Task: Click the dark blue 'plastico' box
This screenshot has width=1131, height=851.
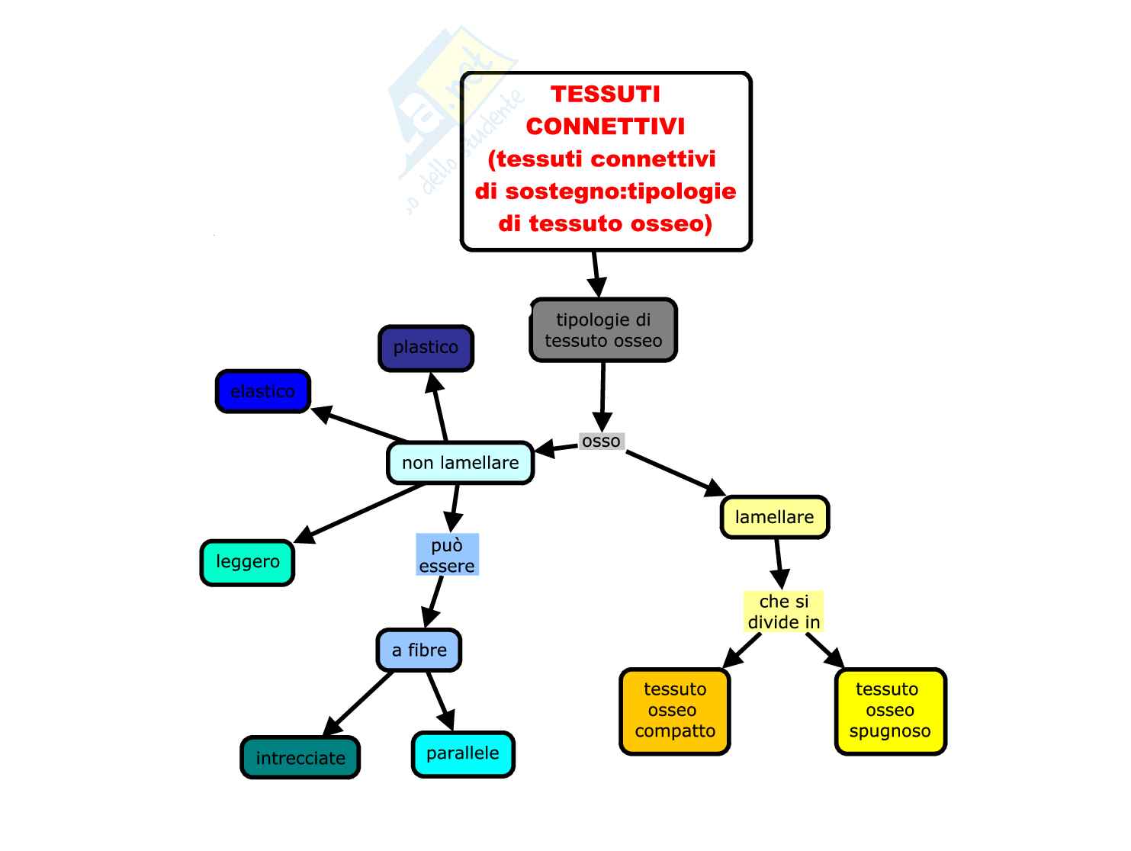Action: [426, 348]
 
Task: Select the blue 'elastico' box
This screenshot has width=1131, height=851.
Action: [262, 391]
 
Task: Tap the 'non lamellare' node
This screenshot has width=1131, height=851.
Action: [460, 463]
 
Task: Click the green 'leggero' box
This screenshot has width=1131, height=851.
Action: [247, 562]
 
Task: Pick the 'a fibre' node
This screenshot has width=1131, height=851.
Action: [419, 650]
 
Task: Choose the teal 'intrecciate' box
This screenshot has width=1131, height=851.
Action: [300, 758]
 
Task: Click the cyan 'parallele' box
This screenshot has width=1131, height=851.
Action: [463, 753]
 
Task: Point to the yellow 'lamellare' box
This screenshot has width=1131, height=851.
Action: [774, 517]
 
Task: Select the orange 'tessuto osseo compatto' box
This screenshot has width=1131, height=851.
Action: [675, 711]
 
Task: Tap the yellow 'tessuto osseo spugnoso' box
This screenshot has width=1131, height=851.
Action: [890, 711]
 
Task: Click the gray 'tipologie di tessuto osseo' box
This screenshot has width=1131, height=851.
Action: [603, 330]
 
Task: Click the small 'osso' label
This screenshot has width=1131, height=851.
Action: [601, 442]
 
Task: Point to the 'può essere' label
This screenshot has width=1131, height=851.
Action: [447, 555]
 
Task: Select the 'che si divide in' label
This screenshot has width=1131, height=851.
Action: [784, 612]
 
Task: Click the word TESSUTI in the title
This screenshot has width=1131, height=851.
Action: [605, 94]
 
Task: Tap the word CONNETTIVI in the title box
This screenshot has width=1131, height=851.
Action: [605, 126]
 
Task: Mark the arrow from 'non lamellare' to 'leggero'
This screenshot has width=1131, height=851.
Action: [358, 514]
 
